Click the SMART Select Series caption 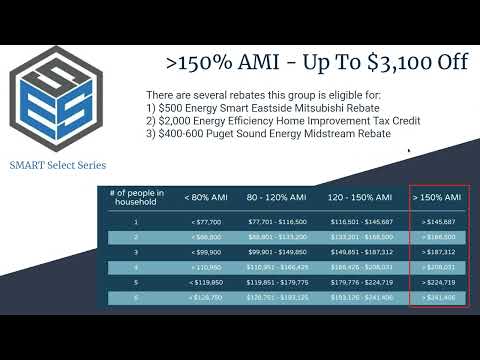pos(57,165)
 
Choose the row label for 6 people pos(136,298)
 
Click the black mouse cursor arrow pos(411,152)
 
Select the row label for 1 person pos(136,221)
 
